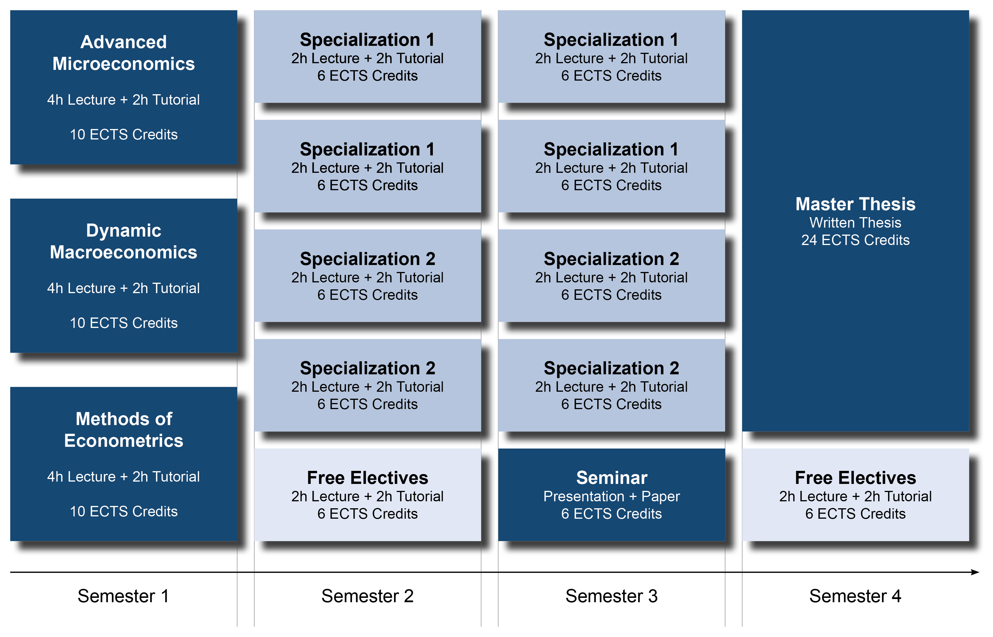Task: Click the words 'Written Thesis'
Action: [855, 223]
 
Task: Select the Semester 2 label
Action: [367, 596]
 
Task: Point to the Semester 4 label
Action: [855, 596]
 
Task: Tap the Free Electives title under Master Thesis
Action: [855, 478]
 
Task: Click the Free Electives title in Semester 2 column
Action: [367, 478]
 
